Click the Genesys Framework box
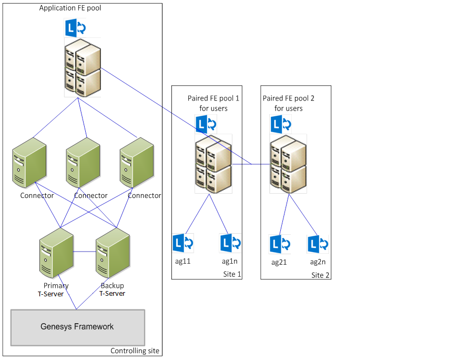77,327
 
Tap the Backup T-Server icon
113,255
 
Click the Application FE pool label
70,8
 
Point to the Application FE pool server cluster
83,67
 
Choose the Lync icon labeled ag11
183,243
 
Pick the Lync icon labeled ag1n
230,243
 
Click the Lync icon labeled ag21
279,244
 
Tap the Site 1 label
232,274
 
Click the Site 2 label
321,275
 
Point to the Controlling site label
135,351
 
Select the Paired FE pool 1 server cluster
213,164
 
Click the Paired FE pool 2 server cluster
288,164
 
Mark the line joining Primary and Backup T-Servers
84,252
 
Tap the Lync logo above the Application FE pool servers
76,27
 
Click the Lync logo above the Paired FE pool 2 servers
281,125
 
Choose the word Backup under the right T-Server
112,286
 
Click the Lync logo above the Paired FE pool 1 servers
206,124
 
